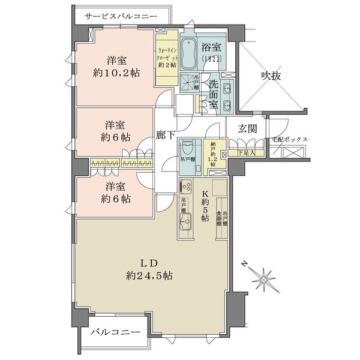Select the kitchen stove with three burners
[x=185, y=187]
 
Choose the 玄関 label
[x=247, y=128]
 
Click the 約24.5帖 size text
[x=149, y=276]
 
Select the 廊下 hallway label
[x=166, y=136]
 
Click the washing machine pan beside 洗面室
[x=190, y=82]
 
